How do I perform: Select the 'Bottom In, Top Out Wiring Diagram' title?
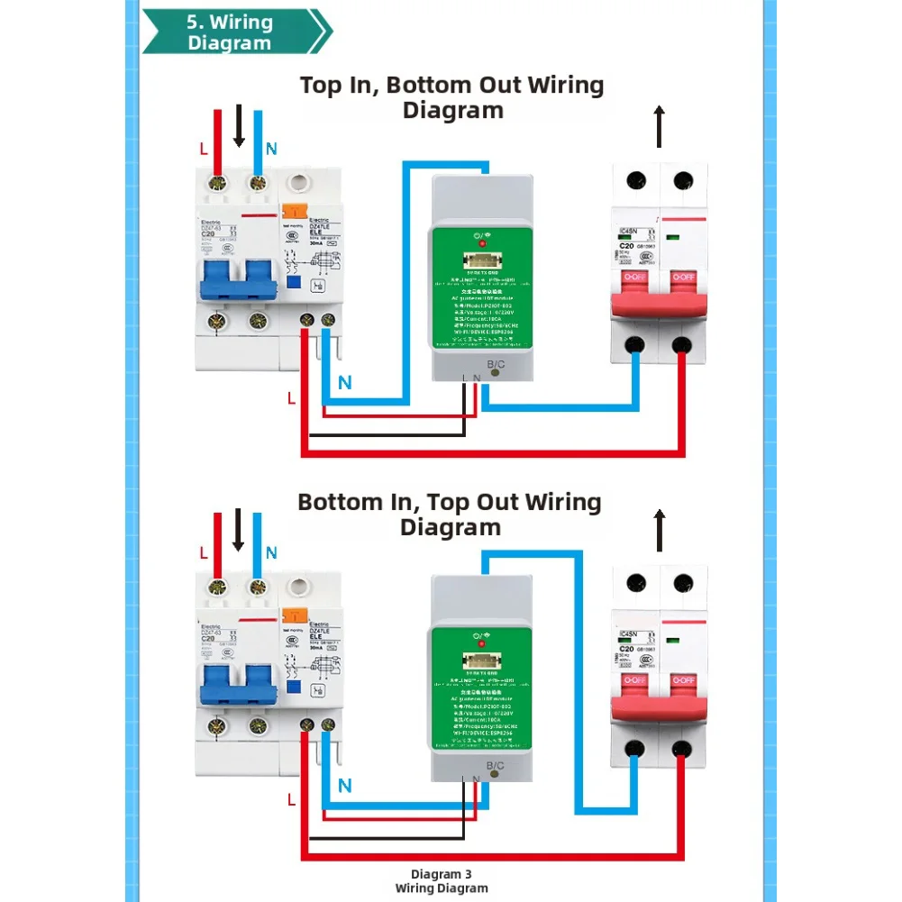pyautogui.click(x=450, y=515)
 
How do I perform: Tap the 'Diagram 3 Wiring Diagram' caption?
pyautogui.click(x=442, y=880)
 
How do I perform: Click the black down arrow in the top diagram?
pyautogui.click(x=239, y=125)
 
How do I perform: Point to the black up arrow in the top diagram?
pyautogui.click(x=659, y=126)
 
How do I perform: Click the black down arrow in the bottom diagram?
pyautogui.click(x=238, y=530)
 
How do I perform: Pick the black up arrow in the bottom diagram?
pyautogui.click(x=659, y=531)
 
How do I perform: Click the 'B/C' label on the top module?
pyautogui.click(x=496, y=364)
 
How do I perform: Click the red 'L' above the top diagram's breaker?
pyautogui.click(x=203, y=148)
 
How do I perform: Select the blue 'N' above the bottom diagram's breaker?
pyautogui.click(x=271, y=552)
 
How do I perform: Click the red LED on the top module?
pyautogui.click(x=481, y=243)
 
